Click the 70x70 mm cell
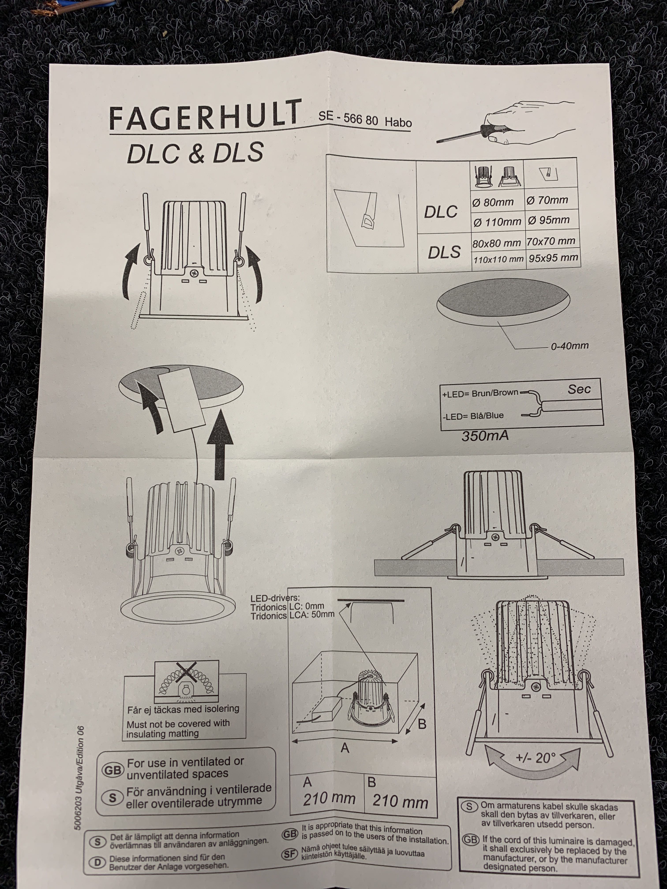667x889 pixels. pyautogui.click(x=551, y=241)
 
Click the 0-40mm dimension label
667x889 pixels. pyautogui.click(x=570, y=346)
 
